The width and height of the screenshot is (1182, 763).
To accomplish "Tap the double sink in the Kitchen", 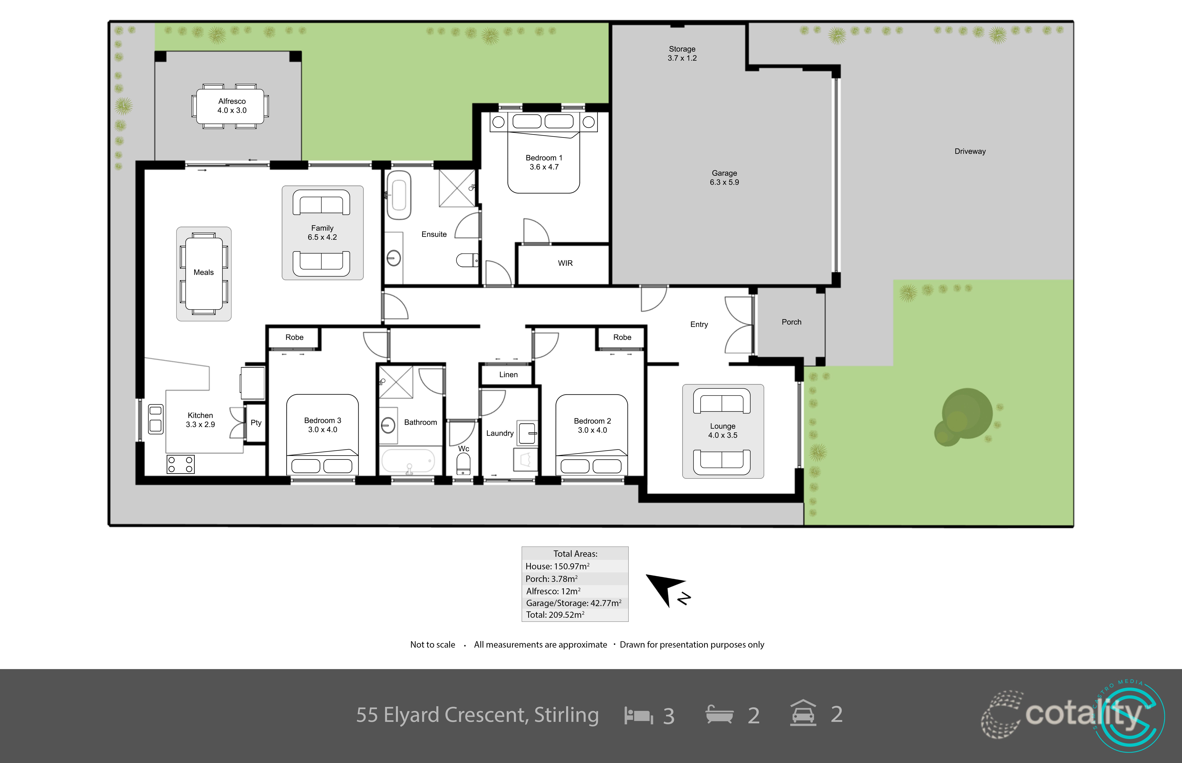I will click(155, 419).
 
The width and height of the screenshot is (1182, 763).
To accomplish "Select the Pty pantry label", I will click(256, 423).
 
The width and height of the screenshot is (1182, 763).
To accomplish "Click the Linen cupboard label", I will click(508, 375).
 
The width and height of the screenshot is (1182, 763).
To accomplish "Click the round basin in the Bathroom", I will click(388, 425).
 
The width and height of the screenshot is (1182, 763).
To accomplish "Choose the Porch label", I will click(791, 322).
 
